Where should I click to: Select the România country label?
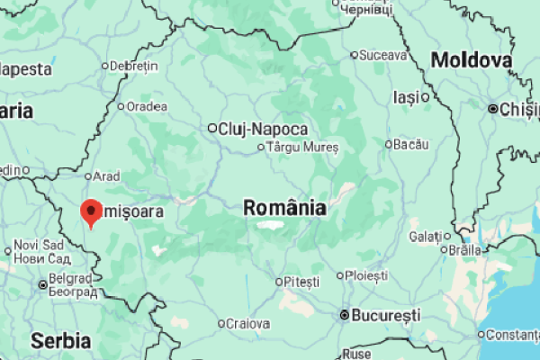point(284,208)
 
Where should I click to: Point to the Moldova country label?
point(472,61)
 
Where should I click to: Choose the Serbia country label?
point(60,341)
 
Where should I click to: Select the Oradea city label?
point(147,106)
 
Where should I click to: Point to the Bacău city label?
point(411,144)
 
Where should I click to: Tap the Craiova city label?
point(247,323)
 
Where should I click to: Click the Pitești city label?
point(301,282)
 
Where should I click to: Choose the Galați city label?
point(425,236)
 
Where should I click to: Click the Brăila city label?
point(465,249)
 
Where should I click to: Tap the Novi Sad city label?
point(39,245)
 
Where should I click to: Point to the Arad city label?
point(106,175)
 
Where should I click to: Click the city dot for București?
point(344,316)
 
